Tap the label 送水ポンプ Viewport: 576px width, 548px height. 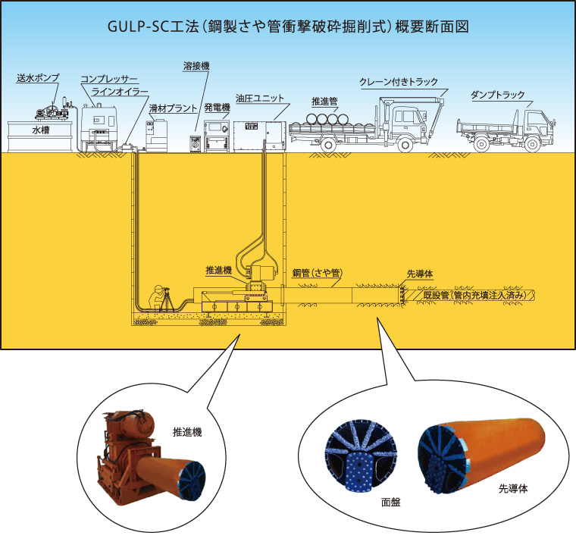point(37,78)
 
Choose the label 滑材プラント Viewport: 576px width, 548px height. point(173,108)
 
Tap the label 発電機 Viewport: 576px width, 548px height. point(217,108)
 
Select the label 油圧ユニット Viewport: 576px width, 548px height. point(259,98)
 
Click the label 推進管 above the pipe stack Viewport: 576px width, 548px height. point(327,100)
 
